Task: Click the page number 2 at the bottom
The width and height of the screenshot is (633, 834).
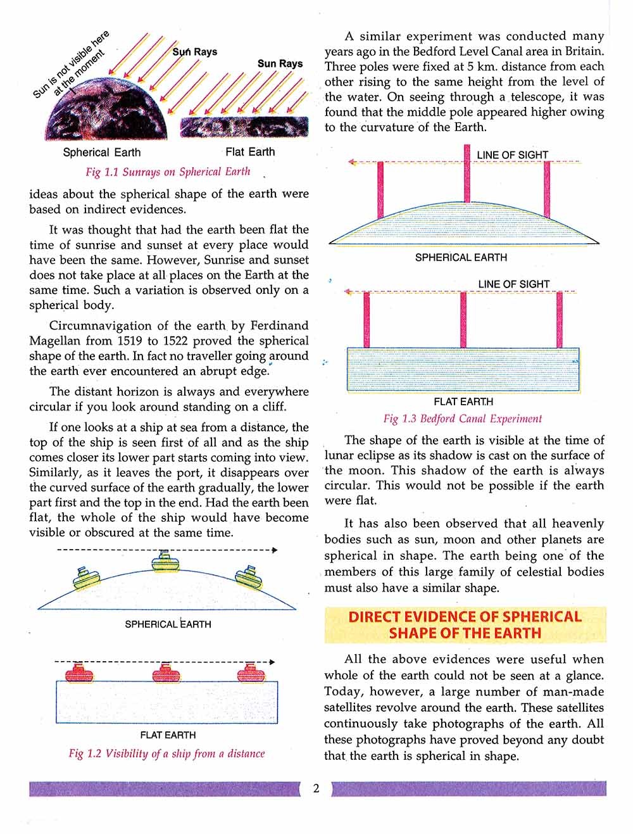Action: (316, 788)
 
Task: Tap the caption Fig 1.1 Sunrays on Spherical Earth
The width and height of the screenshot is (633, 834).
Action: (168, 172)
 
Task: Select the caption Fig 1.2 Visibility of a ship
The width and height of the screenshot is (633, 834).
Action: (166, 754)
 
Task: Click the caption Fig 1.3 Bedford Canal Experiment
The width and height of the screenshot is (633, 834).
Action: (463, 419)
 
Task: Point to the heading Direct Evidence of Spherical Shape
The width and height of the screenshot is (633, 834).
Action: (465, 625)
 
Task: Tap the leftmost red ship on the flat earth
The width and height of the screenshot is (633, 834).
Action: (78, 672)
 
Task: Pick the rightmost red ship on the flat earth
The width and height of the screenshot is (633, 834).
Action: (251, 672)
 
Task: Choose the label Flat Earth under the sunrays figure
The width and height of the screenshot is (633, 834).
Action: (250, 152)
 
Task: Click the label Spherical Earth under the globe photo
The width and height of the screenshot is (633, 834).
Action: (102, 153)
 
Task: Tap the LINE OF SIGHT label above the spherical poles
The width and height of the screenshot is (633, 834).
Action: (512, 155)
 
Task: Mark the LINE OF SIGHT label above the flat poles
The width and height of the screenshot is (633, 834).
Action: (513, 284)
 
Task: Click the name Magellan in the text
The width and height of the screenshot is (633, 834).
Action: (54, 341)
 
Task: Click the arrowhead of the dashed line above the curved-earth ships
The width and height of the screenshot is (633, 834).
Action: (274, 550)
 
